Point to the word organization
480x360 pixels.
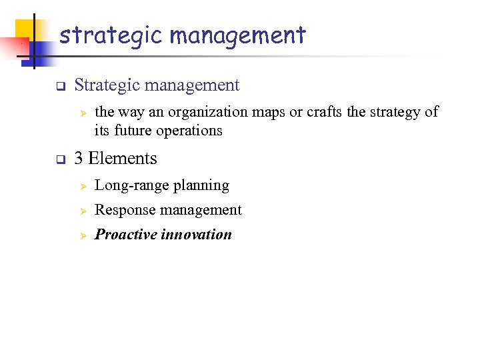(x=204, y=112)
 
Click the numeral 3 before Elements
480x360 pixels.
(x=79, y=159)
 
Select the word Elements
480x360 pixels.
(x=123, y=159)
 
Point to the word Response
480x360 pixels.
(x=125, y=211)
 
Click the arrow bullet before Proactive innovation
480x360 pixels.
(x=84, y=235)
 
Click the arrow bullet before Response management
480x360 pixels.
(x=84, y=211)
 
